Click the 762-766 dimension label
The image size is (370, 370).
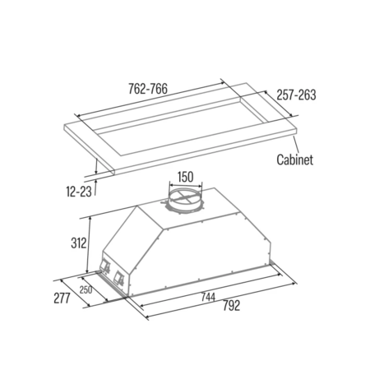pos(148,89)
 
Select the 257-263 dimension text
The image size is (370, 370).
pos(296,95)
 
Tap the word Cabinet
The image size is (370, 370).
pos(294,160)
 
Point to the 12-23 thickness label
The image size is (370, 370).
pos(79,192)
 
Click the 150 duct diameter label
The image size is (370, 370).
pos(186,177)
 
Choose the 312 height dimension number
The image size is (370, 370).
pos(79,243)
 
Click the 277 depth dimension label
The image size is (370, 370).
pos(62,298)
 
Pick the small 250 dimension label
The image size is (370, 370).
pos(86,289)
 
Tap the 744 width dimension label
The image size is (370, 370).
pos(208,297)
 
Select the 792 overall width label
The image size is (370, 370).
pos(231,305)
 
